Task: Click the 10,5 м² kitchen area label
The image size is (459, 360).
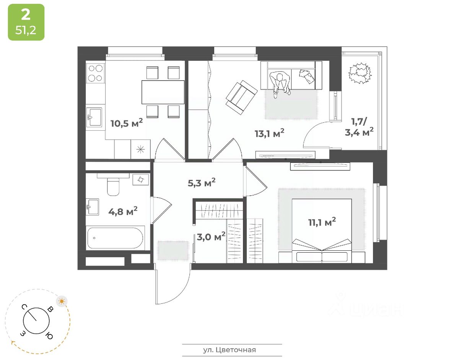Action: click(x=127, y=123)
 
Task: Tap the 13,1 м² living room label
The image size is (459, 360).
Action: click(x=270, y=133)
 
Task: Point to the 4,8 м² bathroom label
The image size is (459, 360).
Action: click(x=123, y=211)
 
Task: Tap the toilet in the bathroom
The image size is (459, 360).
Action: click(x=113, y=186)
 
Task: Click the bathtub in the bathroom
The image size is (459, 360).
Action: click(x=115, y=238)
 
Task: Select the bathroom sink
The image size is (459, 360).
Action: click(x=93, y=207)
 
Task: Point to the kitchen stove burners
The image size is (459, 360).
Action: click(x=95, y=73)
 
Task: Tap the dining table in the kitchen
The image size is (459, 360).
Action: click(x=163, y=92)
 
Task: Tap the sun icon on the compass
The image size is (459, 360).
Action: click(x=62, y=301)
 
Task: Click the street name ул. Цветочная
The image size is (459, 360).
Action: click(x=229, y=350)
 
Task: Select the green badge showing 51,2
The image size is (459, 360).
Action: click(x=26, y=22)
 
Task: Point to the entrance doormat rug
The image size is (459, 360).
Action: click(x=173, y=250)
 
